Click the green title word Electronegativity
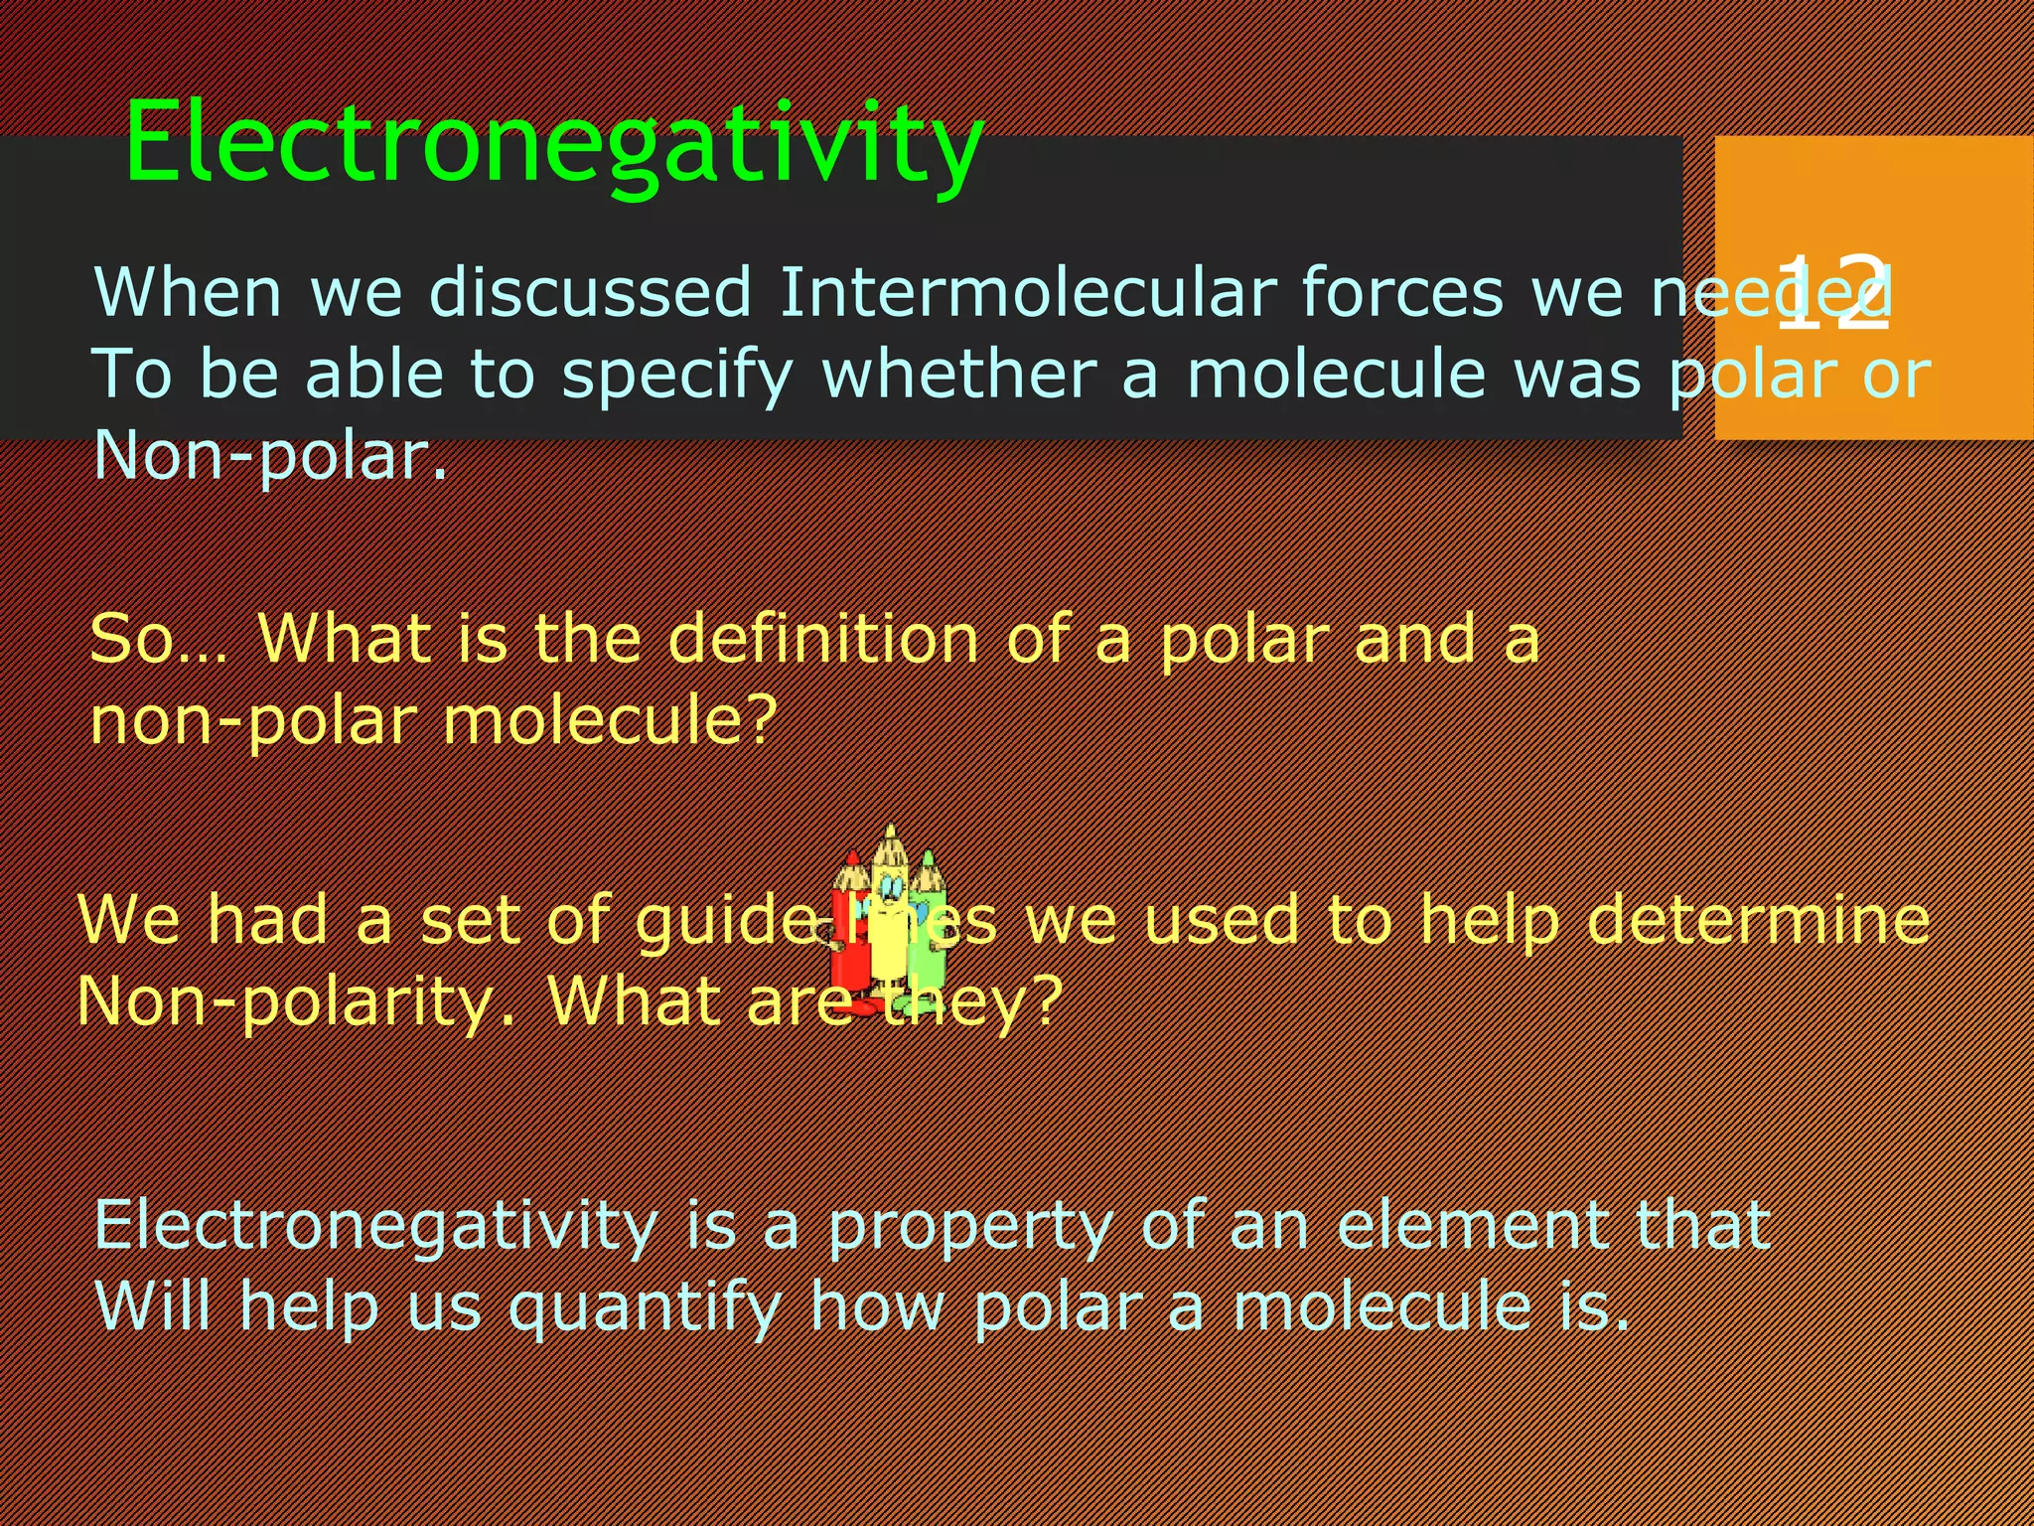(554, 144)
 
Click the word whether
(959, 375)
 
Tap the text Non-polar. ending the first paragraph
(270, 456)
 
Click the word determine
(1758, 919)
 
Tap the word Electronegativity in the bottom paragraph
(375, 1225)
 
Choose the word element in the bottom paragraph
(1470, 1225)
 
